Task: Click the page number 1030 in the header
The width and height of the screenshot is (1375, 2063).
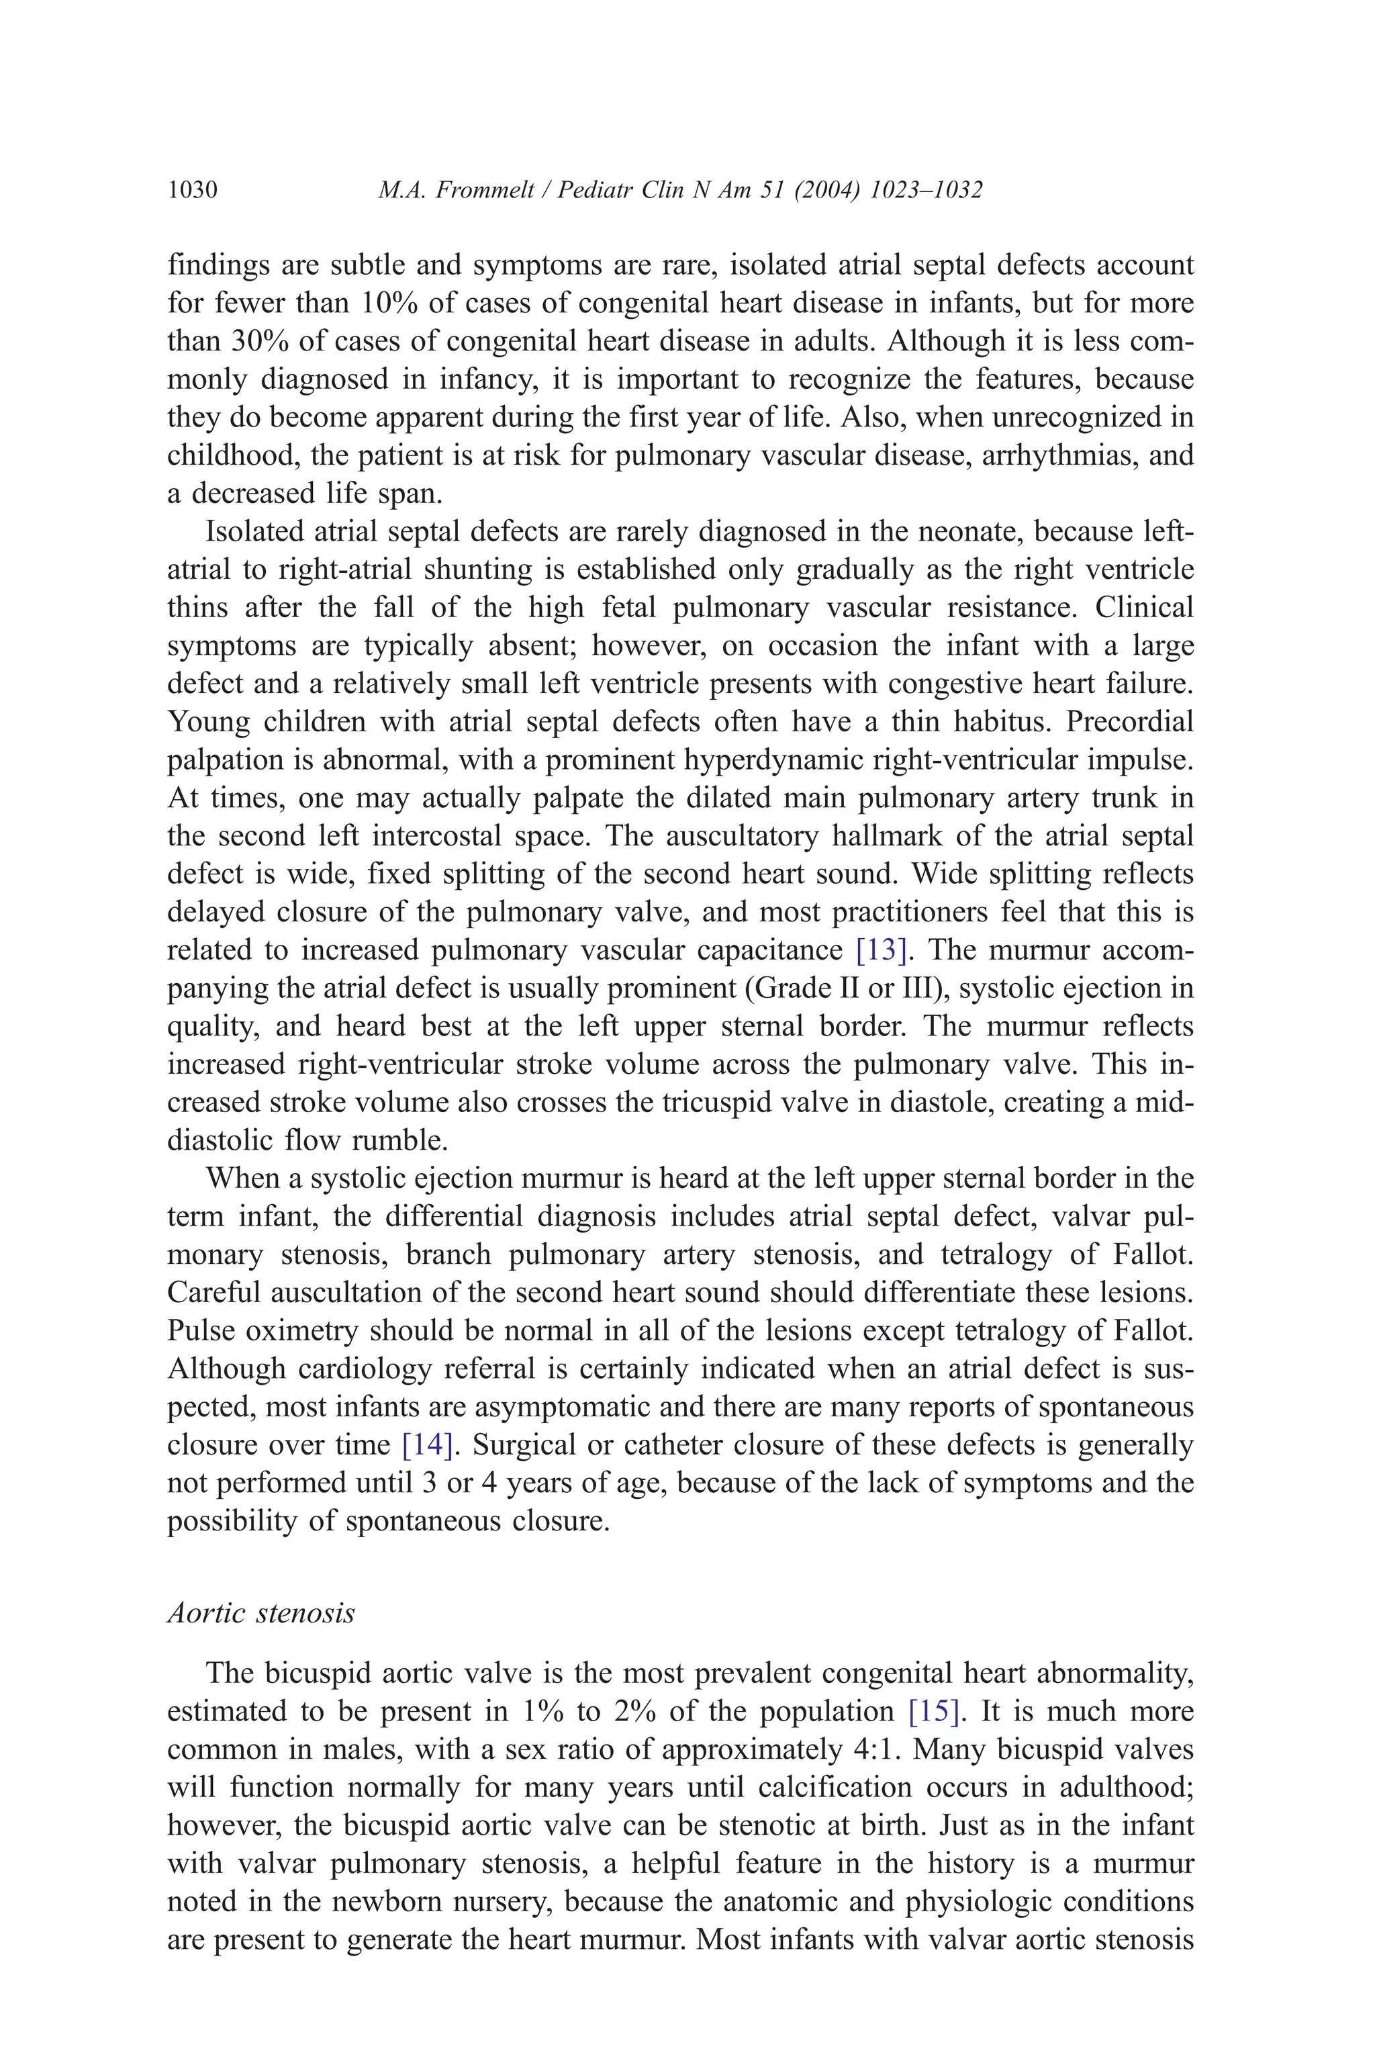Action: click(x=192, y=190)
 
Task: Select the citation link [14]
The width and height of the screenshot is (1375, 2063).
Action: click(x=427, y=1445)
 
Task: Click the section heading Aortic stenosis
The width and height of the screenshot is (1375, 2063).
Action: click(x=260, y=1613)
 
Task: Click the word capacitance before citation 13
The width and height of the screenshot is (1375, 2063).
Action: click(x=770, y=950)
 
